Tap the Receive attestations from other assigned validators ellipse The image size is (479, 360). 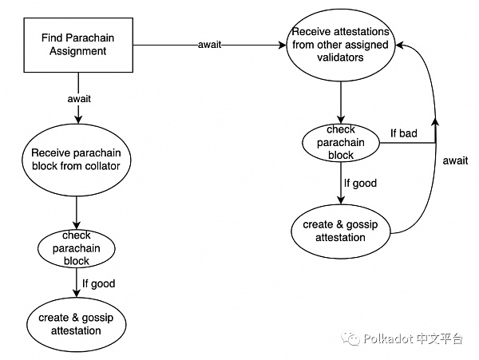tap(341, 45)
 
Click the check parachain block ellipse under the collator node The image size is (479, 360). tap(76, 247)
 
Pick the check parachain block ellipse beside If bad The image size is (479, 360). tap(341, 142)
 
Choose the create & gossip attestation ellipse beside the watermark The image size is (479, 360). tap(76, 324)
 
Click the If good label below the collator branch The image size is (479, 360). tap(99, 283)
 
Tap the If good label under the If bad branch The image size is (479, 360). tap(360, 183)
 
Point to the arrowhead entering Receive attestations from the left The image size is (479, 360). tap(283, 45)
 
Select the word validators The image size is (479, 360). tap(340, 58)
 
